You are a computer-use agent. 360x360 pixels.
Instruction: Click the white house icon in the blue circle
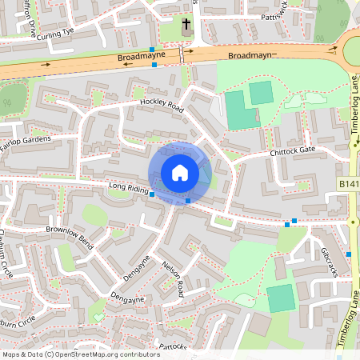coord(180,173)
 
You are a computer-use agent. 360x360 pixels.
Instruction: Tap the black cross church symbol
coord(186,26)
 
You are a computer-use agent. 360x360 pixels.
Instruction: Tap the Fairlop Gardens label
coord(25,142)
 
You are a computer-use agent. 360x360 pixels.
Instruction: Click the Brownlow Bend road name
coord(70,238)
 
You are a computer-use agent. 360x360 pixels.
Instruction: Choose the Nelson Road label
coord(174,278)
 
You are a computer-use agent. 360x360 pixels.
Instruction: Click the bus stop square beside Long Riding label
coord(152,194)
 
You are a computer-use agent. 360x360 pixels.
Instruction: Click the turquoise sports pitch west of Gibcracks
coord(280,298)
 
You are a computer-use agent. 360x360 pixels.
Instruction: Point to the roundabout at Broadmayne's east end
coord(353,53)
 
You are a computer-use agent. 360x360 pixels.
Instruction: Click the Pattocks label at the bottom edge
coord(172,346)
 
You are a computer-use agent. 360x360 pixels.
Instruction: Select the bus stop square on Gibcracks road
coord(350,254)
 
